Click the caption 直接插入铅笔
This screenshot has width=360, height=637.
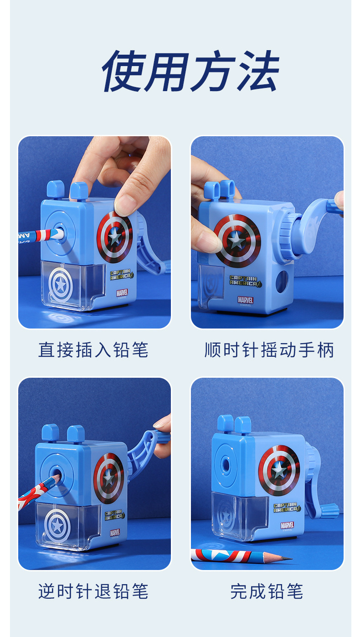click(x=93, y=350)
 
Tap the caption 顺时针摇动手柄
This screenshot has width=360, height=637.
click(x=269, y=350)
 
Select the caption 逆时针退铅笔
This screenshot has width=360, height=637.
click(x=93, y=591)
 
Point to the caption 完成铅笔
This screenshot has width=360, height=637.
click(x=267, y=591)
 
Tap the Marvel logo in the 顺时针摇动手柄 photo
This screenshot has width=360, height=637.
click(x=245, y=300)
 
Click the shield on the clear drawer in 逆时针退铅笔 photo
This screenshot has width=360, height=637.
click(x=57, y=525)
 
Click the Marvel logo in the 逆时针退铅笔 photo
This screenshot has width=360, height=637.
click(x=115, y=532)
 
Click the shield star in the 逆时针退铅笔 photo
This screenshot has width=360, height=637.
click(x=108, y=478)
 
